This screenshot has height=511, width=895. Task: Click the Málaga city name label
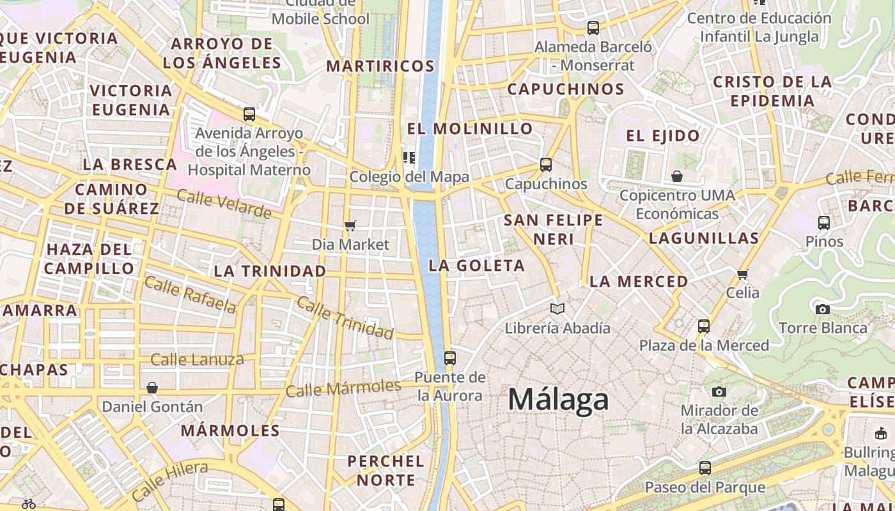click(x=558, y=400)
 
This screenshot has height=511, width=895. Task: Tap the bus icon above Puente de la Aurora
click(x=450, y=358)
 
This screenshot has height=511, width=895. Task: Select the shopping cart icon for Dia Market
click(x=350, y=225)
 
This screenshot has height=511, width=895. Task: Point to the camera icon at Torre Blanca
click(x=823, y=310)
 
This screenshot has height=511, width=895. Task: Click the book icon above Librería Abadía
click(x=557, y=309)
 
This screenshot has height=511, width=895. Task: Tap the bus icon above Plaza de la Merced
click(x=704, y=326)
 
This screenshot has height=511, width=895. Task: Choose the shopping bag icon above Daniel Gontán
click(x=152, y=388)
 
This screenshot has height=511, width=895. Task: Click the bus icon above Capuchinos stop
click(x=546, y=165)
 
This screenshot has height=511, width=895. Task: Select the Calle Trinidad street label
click(x=345, y=318)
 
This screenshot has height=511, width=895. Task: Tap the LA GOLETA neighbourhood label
click(x=477, y=266)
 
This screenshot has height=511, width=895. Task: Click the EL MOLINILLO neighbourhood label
click(x=470, y=128)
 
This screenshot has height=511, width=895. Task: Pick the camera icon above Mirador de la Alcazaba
click(x=719, y=392)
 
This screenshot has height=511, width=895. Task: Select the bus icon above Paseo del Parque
click(x=704, y=468)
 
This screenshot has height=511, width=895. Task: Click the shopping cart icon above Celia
click(x=742, y=274)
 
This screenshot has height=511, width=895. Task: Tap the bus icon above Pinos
click(x=824, y=223)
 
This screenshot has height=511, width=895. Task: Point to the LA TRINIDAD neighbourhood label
click(x=270, y=271)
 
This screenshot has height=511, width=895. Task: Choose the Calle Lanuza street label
click(x=197, y=360)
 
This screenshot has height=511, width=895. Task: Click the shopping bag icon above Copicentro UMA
click(x=677, y=176)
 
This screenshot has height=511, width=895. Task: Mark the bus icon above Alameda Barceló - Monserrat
click(x=593, y=28)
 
